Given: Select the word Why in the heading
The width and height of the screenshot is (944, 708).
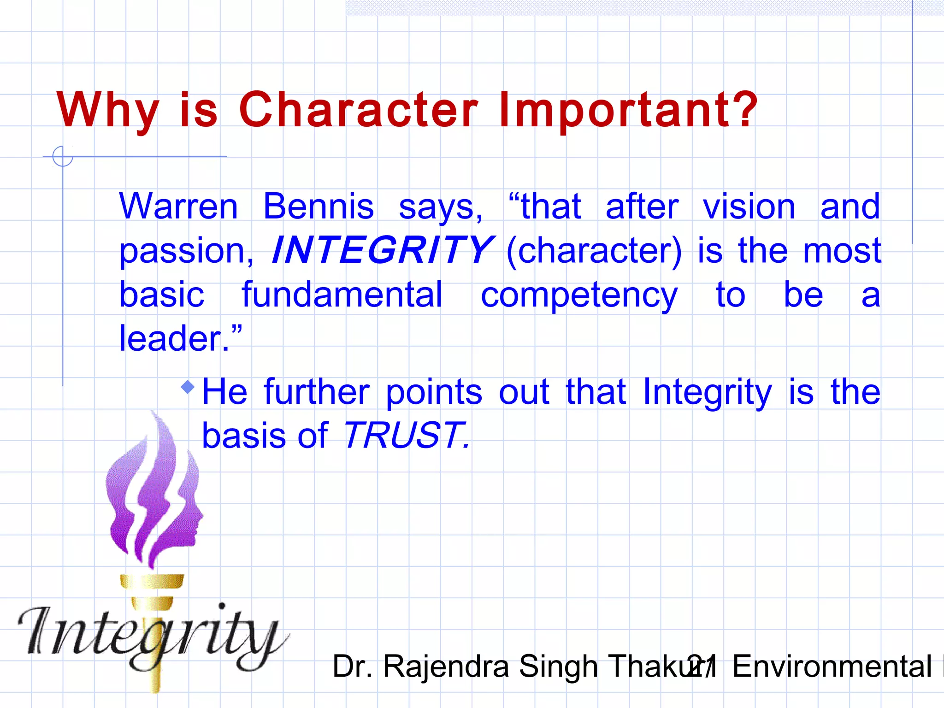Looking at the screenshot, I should [108, 111].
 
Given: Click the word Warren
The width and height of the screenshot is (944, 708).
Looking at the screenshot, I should [178, 206].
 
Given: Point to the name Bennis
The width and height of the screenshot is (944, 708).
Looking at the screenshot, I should [318, 206].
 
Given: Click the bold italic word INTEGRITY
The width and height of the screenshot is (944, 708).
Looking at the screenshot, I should [383, 250].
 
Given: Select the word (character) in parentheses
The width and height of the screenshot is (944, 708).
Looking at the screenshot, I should [594, 251].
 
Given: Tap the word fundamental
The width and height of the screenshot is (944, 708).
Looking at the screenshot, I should [342, 295].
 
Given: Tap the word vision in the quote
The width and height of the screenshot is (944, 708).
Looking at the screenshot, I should [749, 206].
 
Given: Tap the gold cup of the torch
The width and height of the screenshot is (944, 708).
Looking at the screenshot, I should [152, 582].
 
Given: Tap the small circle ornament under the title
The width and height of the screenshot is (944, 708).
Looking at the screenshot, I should [63, 156].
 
